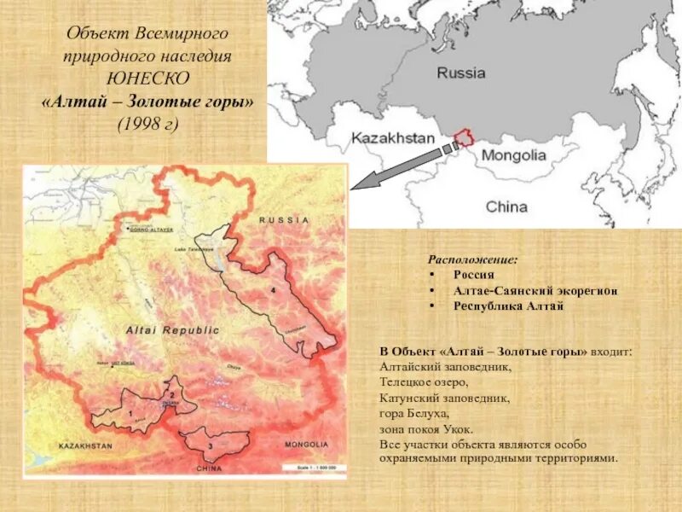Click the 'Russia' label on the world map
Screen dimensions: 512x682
point(461,73)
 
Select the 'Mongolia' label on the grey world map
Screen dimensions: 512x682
point(513,156)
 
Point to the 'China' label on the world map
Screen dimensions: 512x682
point(506,207)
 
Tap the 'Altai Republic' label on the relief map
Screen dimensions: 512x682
point(172,329)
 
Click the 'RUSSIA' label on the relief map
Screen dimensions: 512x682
point(286,219)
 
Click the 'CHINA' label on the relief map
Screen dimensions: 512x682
point(209,468)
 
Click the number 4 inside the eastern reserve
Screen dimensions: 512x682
point(273,291)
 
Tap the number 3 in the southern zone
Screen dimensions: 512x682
point(210,445)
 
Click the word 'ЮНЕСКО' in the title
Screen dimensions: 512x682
point(147,79)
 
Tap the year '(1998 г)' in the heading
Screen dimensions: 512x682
point(147,123)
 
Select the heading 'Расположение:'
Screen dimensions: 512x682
point(472,259)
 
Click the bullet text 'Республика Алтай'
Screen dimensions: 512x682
point(508,306)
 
